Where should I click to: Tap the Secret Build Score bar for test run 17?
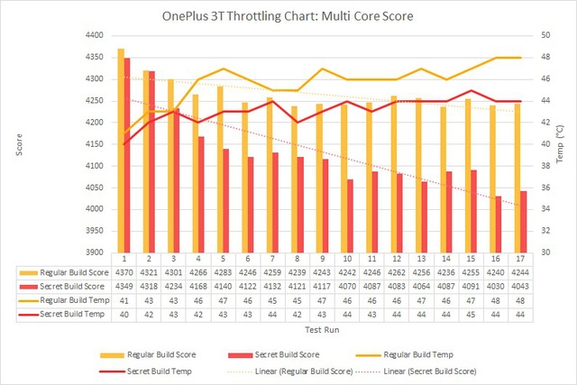pyautogui.click(x=523, y=222)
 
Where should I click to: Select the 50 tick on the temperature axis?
pyautogui.click(x=545, y=35)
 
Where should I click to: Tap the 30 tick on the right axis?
pyautogui.click(x=545, y=253)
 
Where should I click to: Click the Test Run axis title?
pyautogui.click(x=323, y=330)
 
